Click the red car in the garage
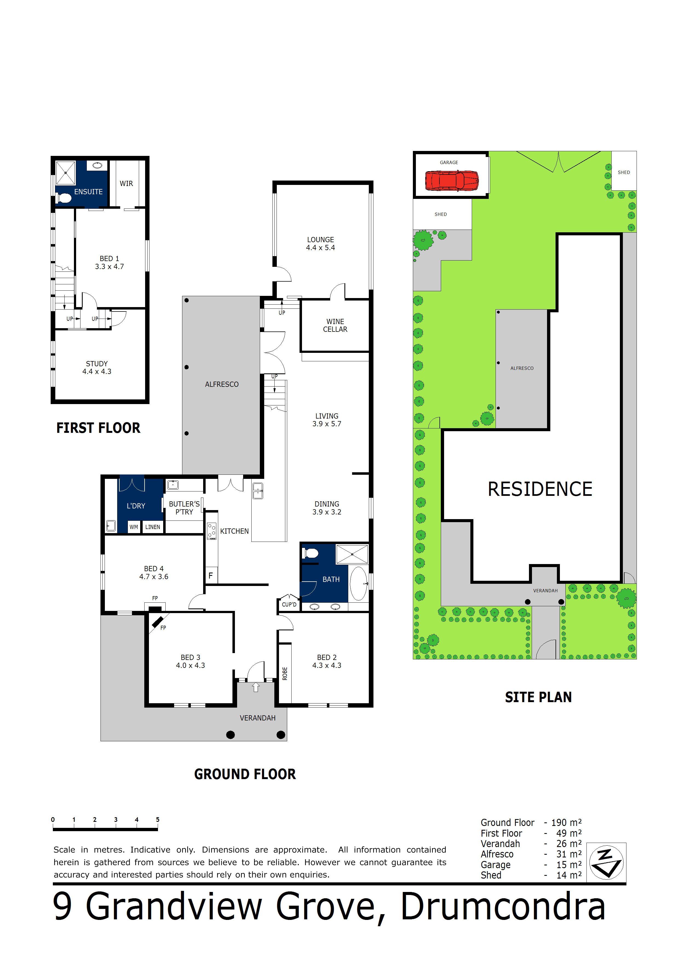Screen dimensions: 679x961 [x=451, y=181]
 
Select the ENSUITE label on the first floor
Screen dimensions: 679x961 [x=88, y=192]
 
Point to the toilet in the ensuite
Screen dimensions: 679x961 [x=64, y=198]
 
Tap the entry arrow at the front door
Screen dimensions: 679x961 [x=256, y=687]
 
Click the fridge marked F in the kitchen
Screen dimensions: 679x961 [x=211, y=576]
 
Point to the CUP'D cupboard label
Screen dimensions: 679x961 [x=289, y=604]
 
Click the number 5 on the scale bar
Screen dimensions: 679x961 [x=158, y=820]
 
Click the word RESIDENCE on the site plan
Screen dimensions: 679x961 [x=540, y=489]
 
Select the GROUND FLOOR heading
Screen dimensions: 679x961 [x=245, y=774]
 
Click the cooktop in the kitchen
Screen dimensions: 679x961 [x=212, y=531]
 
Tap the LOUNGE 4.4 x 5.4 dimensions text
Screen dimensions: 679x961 [x=320, y=248]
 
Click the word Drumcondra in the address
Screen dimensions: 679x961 [x=503, y=906]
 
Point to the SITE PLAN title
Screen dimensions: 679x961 [x=538, y=697]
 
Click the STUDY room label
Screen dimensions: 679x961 [x=97, y=364]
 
